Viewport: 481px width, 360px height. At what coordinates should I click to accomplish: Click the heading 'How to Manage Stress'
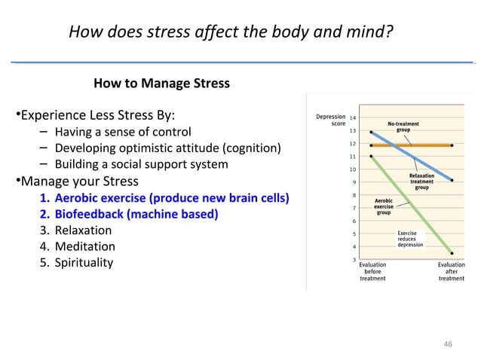[x=161, y=83]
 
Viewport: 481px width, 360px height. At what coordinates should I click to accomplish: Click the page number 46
[x=449, y=343]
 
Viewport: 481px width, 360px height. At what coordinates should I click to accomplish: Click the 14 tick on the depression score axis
[x=354, y=117]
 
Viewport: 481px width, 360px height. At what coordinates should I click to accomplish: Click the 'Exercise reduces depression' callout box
[x=410, y=239]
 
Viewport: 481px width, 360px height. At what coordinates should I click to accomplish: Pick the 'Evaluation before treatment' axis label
[x=372, y=272]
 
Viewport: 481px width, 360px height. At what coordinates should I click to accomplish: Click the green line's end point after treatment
[x=452, y=253]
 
